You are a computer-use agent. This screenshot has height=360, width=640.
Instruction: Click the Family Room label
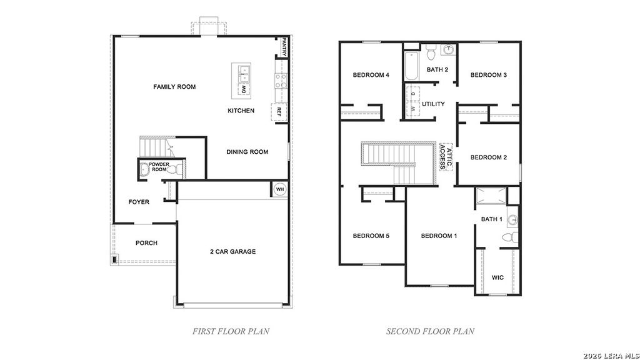174,87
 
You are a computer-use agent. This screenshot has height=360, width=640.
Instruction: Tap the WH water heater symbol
280,189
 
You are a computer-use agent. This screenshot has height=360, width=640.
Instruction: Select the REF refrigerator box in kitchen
279,112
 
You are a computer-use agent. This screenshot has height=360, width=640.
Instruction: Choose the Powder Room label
157,167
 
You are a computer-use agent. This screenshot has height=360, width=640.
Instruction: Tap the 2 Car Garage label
232,252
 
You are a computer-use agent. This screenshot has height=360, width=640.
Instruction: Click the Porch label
146,243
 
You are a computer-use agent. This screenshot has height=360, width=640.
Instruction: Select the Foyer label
139,202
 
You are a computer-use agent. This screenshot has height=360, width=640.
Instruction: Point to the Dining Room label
247,152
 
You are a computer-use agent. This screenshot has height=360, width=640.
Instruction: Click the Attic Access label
446,154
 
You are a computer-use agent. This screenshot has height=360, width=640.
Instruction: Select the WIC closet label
497,277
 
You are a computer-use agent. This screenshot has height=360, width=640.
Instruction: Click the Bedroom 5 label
371,236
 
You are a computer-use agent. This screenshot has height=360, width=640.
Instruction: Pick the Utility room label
433,104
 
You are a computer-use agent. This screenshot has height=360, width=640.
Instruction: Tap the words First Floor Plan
231,331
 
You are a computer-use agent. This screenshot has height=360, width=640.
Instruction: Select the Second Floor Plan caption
430,331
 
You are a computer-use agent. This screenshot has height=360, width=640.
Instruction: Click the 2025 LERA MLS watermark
611,355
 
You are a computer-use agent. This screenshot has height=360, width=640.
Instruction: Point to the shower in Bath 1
491,197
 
